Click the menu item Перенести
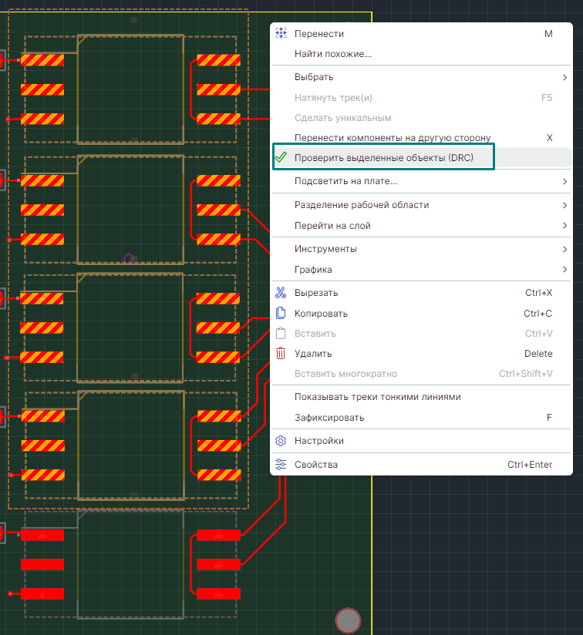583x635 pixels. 319,34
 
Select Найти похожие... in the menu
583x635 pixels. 333,54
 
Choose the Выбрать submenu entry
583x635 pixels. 314,77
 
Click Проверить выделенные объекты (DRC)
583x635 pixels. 384,158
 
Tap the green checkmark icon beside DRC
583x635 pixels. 281,158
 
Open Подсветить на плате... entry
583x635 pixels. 345,181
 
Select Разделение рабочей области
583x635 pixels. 362,205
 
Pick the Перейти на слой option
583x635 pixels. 332,226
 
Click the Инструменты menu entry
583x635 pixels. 325,249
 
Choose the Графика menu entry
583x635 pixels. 313,270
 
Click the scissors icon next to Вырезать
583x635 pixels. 281,293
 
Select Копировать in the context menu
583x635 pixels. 321,314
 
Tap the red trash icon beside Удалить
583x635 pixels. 281,354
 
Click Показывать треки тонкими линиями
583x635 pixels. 378,397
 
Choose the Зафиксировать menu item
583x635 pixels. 329,418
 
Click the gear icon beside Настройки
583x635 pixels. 281,441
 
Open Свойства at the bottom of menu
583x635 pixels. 316,465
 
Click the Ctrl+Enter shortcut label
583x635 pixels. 530,465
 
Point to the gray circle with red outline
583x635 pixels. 349,620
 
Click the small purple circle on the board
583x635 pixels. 129,259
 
